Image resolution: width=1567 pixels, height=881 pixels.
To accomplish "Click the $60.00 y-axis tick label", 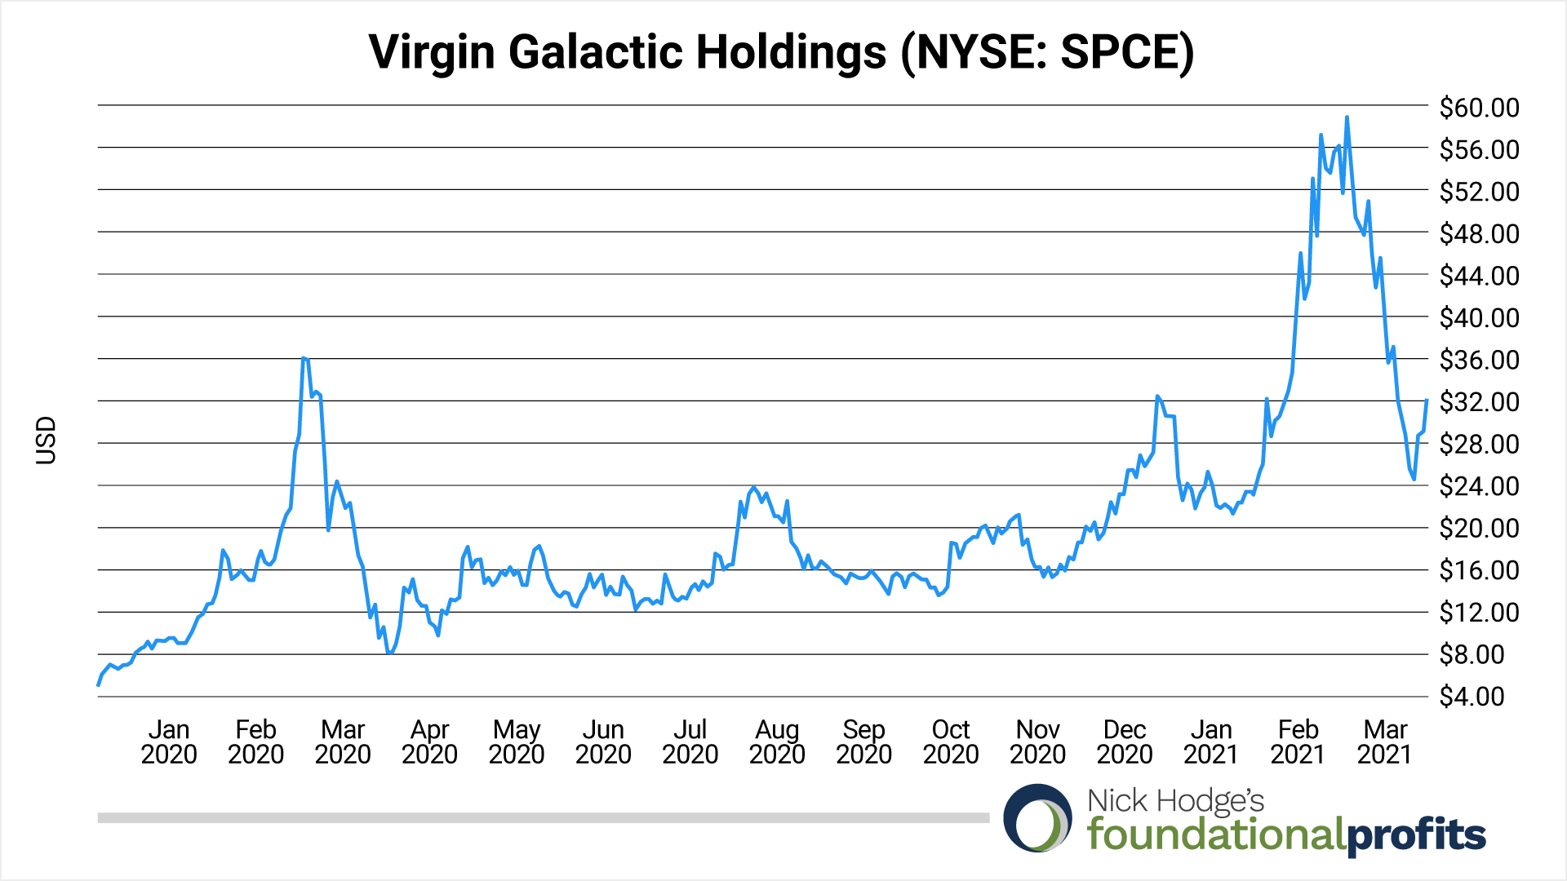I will click(1479, 108).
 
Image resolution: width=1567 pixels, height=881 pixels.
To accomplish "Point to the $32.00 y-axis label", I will click(1479, 402).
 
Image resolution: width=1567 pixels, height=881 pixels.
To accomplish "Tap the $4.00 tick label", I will click(1472, 697).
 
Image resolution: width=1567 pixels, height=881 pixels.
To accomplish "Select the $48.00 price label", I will click(1479, 234).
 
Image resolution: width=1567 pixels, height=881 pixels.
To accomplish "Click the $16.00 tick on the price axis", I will click(1479, 570).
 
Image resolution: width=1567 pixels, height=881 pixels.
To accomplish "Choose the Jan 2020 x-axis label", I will click(169, 742).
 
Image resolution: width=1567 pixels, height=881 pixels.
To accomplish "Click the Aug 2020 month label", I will click(777, 742).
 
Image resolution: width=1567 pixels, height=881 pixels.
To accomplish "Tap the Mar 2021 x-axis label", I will click(1385, 742).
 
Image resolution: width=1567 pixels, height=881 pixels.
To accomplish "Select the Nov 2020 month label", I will click(1037, 742).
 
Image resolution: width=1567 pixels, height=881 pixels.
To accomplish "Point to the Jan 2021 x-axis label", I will click(1211, 742).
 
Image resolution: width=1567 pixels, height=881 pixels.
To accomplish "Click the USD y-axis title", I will click(47, 440).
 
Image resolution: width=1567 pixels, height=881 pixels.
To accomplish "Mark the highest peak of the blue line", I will click(1347, 117).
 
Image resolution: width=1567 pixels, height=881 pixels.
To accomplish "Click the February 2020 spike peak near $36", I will click(303, 357).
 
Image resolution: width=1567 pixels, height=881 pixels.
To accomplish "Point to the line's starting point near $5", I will click(99, 684).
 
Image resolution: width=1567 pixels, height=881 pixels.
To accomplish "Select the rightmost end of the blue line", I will click(1427, 401).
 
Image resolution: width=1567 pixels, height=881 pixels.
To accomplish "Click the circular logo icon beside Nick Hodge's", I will click(1037, 818).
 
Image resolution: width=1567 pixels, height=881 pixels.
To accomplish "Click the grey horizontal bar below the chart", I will click(543, 817).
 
